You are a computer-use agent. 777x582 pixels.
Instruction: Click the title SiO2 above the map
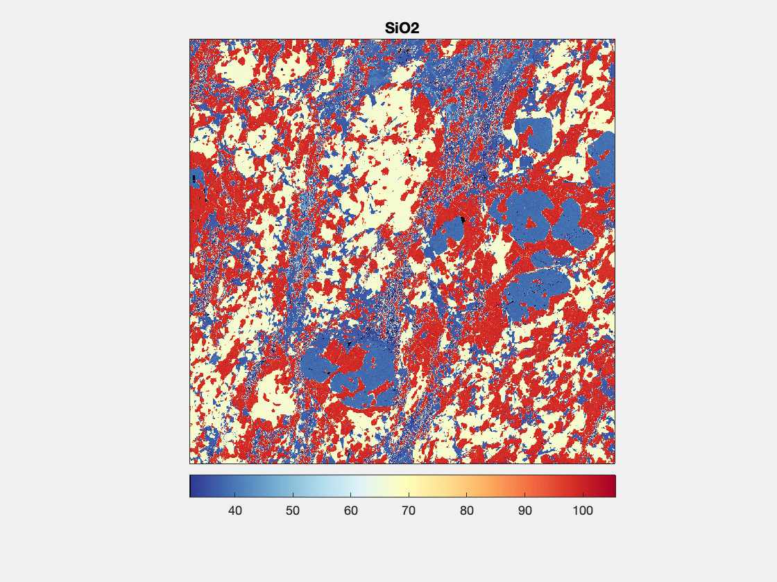click(402, 29)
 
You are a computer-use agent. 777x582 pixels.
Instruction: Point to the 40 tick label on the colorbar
click(234, 511)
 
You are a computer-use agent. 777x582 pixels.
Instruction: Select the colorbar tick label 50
click(293, 511)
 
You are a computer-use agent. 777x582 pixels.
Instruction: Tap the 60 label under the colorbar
click(351, 511)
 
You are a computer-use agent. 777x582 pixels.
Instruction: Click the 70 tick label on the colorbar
click(409, 511)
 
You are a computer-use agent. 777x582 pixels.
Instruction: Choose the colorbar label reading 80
click(467, 511)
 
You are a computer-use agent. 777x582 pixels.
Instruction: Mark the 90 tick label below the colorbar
click(525, 511)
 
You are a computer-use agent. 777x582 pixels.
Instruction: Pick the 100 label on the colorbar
click(583, 511)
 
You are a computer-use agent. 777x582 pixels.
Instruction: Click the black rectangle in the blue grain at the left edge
click(194, 179)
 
